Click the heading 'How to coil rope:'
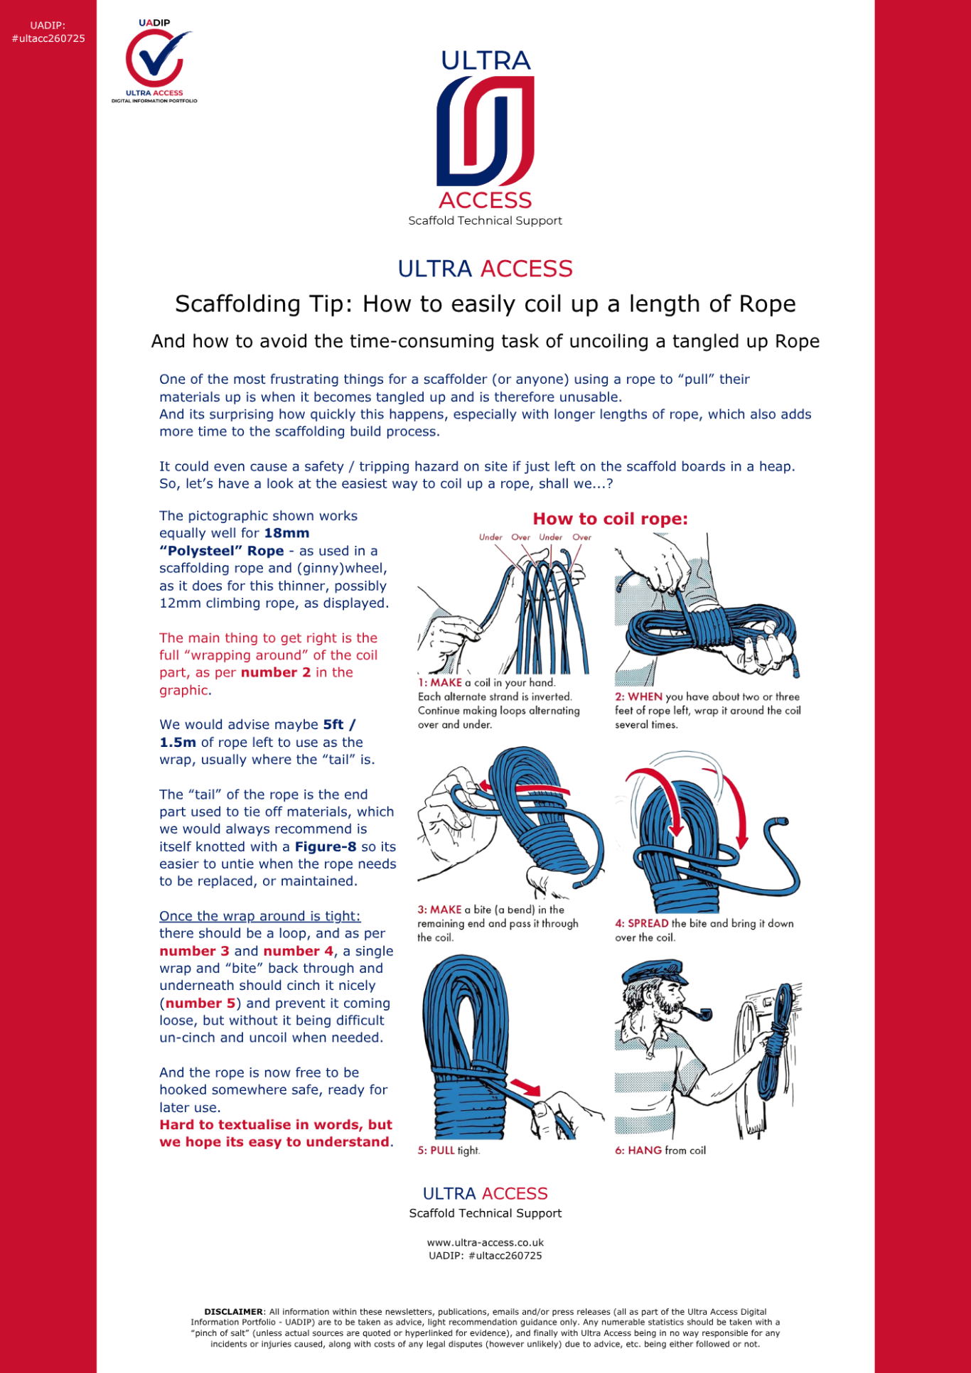pyautogui.click(x=610, y=519)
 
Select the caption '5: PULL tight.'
pyautogui.click(x=449, y=1151)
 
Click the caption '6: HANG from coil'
pyautogui.click(x=660, y=1151)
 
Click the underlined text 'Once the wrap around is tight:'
pyautogui.click(x=260, y=916)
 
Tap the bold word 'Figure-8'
pyautogui.click(x=326, y=846)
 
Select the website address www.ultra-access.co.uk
pyautogui.click(x=485, y=1243)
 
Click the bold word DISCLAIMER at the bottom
pyautogui.click(x=233, y=1312)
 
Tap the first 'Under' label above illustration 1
pyautogui.click(x=490, y=537)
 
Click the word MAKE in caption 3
pyautogui.click(x=446, y=910)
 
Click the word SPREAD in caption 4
pyautogui.click(x=648, y=924)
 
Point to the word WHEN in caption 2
pyautogui.click(x=645, y=697)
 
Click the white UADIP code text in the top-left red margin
pyautogui.click(x=48, y=33)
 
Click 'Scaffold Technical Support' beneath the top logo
pyautogui.click(x=485, y=221)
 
